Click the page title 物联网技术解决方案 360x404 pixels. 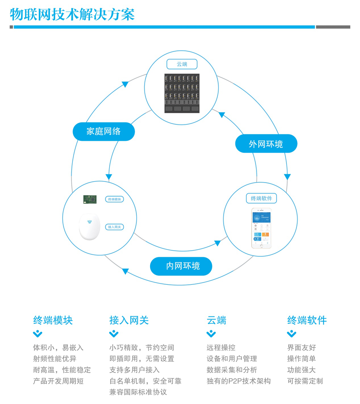coord(72,14)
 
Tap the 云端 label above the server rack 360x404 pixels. coord(182,64)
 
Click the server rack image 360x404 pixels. coord(182,93)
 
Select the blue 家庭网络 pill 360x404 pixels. coord(104,131)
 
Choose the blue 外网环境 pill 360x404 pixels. coord(266,144)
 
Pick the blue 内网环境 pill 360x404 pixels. coord(181,266)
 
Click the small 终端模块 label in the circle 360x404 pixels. coord(115,199)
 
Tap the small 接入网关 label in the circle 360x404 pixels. coord(115,227)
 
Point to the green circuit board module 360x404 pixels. coord(90,199)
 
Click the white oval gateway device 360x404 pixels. coord(90,227)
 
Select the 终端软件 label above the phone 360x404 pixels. coord(261,198)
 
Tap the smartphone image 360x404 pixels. coord(261,228)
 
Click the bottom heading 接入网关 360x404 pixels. coord(129,320)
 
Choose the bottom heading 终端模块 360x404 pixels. coord(53,320)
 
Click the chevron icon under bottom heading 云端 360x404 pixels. coord(211,334)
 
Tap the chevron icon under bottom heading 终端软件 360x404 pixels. coord(292,334)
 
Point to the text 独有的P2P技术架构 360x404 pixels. coord(238,381)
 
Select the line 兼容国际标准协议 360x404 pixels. coord(138,392)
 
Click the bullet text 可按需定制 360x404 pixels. coord(305,381)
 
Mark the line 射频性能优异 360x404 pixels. coord(55,359)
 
